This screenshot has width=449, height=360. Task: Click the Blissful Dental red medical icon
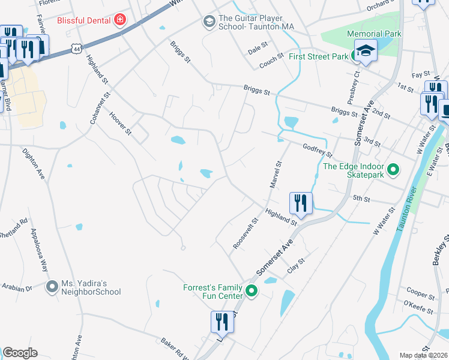click(x=120, y=20)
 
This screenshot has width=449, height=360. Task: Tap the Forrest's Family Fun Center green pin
click(x=252, y=292)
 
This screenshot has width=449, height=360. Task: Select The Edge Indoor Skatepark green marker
click(x=393, y=170)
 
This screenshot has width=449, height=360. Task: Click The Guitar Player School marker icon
click(x=209, y=22)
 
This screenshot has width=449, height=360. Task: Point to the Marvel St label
click(x=276, y=174)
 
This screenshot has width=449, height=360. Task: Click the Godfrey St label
click(x=318, y=150)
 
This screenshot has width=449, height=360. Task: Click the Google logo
click(x=20, y=353)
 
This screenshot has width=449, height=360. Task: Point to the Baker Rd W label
click(x=175, y=347)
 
